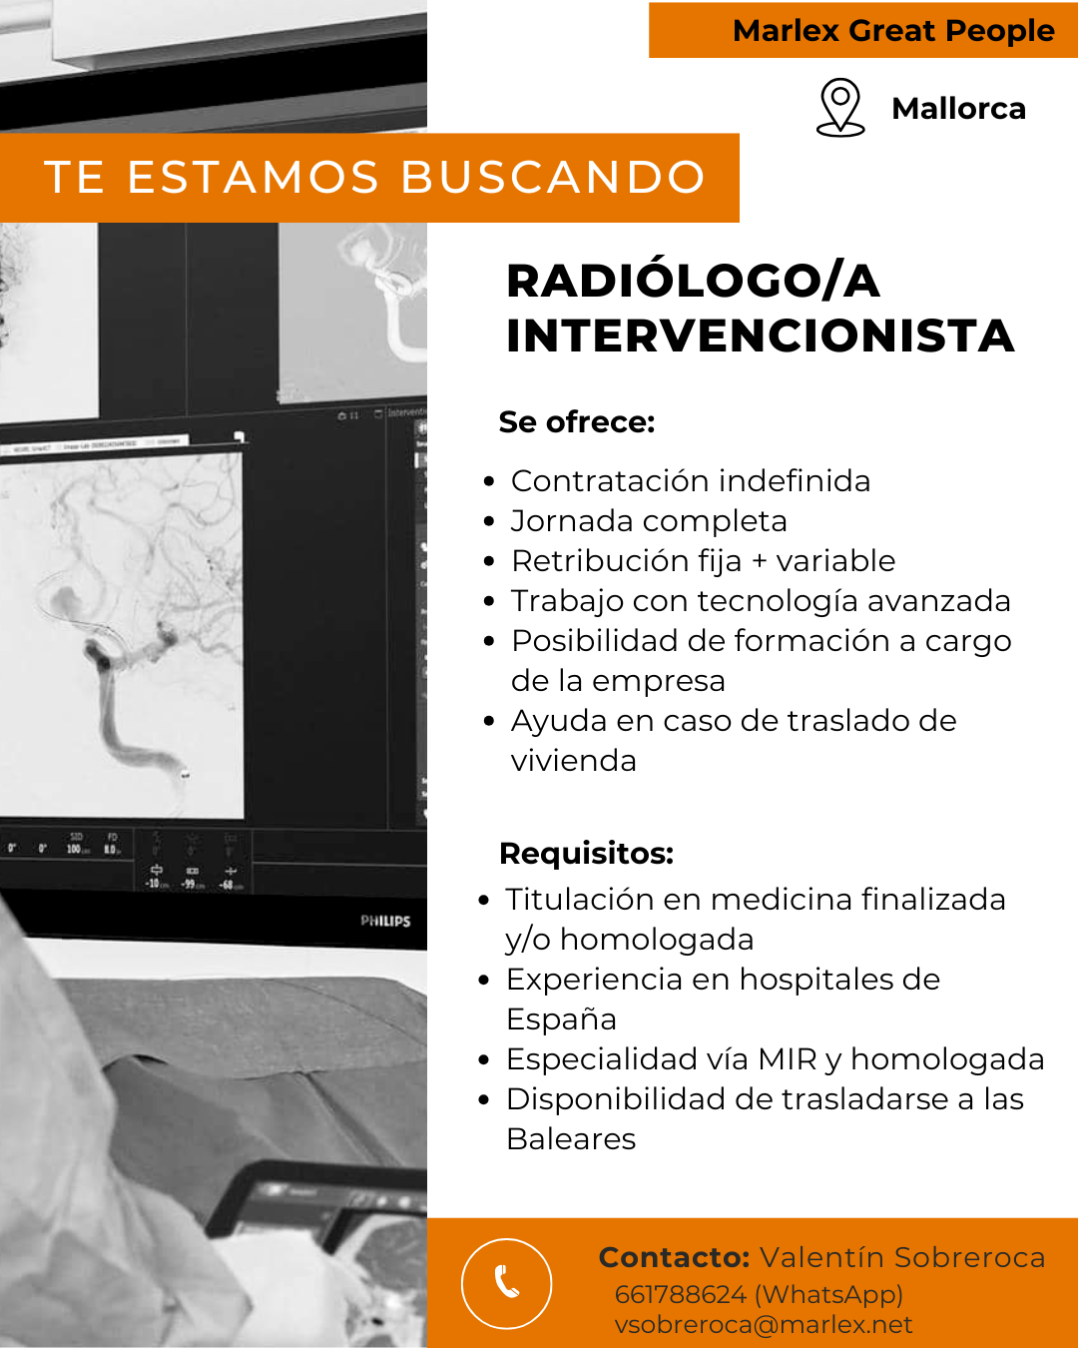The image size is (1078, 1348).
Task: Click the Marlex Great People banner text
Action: pyautogui.click(x=893, y=31)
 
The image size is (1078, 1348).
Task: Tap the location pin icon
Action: pyautogui.click(x=840, y=107)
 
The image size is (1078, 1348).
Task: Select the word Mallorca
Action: pyautogui.click(x=958, y=109)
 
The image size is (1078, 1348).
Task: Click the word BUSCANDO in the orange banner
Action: pyautogui.click(x=553, y=177)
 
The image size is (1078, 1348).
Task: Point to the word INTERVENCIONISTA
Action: pyautogui.click(x=760, y=337)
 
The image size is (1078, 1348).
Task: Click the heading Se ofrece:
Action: pyautogui.click(x=577, y=422)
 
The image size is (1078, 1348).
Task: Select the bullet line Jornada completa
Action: pyautogui.click(x=649, y=521)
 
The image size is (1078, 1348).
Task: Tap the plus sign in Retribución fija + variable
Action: pyautogui.click(x=760, y=561)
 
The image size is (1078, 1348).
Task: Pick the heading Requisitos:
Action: pyautogui.click(x=586, y=853)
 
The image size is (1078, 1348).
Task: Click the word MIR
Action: pyautogui.click(x=788, y=1059)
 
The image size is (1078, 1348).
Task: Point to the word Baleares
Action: pyautogui.click(x=571, y=1138)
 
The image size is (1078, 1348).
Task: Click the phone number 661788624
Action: pyautogui.click(x=681, y=1294)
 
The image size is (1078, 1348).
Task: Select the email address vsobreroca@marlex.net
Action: pyautogui.click(x=763, y=1324)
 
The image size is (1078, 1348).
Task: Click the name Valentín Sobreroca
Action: pyautogui.click(x=902, y=1257)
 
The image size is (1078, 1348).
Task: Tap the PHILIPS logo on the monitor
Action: pyautogui.click(x=385, y=921)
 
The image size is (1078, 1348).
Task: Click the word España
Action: pyautogui.click(x=561, y=1019)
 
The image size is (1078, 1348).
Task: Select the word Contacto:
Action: pyautogui.click(x=674, y=1257)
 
